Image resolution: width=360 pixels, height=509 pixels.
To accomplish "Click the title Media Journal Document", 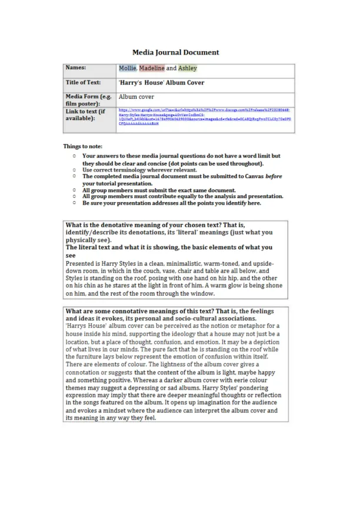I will pyautogui.click(x=175, y=52).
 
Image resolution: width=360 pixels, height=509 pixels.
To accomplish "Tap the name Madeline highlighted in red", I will pyautogui.click(x=152, y=69).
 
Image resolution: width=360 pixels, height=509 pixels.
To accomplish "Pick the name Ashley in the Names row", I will pyautogui.click(x=188, y=69).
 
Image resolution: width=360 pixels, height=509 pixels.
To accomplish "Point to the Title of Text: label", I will pyautogui.click(x=85, y=83).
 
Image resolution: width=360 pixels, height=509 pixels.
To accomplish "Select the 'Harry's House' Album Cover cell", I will pyautogui.click(x=161, y=83).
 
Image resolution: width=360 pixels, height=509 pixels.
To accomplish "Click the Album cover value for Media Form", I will pyautogui.click(x=136, y=96).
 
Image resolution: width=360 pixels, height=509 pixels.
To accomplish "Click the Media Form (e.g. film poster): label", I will pyautogui.click(x=88, y=99).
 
